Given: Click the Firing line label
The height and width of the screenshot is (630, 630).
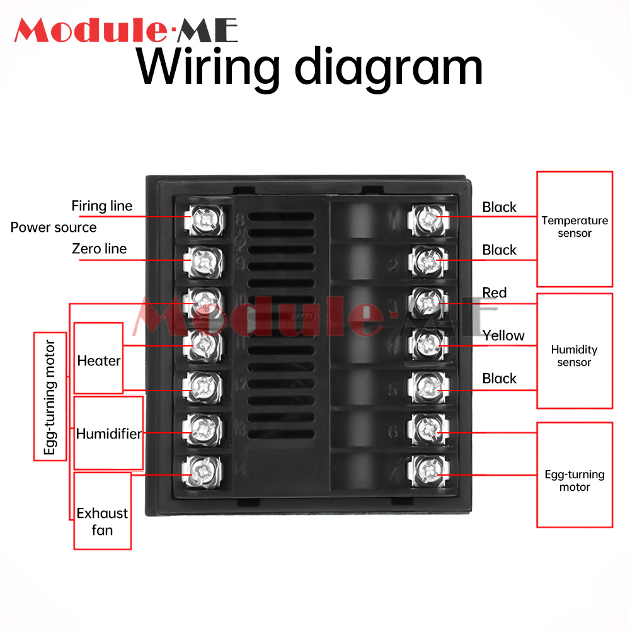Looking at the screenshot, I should coord(101,206).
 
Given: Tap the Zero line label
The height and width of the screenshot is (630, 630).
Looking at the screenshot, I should coord(99,249).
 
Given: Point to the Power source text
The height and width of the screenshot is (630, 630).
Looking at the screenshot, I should coord(54,227).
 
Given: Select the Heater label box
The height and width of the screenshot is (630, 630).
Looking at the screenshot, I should coord(99,361).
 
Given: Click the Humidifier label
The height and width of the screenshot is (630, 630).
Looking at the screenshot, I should coord(108,433).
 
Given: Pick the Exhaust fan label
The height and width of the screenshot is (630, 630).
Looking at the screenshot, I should coord(102,522).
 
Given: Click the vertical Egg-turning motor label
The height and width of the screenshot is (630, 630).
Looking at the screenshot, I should coord(50,398).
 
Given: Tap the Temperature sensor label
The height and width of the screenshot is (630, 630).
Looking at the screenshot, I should coord(575,227).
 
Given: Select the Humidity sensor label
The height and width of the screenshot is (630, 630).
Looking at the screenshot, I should coord(574,356).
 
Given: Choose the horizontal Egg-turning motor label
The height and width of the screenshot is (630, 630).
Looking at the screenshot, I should coord(574,481).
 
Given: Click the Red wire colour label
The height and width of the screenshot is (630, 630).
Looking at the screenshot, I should coord(495,293).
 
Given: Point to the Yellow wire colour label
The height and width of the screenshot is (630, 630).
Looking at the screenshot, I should coord(503,336).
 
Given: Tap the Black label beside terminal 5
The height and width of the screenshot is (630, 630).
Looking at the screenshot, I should coord(499,379).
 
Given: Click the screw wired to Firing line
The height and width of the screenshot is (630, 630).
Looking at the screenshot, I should coord(203,219).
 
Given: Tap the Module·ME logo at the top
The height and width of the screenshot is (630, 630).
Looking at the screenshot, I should coord(126,30).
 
